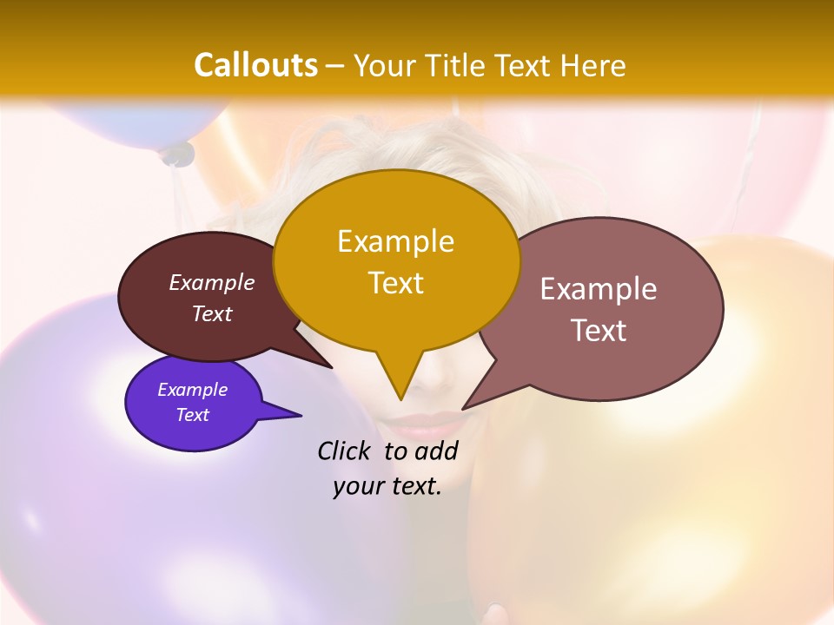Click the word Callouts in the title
point(255,65)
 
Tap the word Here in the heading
point(593,65)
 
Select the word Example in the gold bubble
point(395,241)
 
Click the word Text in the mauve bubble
point(599,331)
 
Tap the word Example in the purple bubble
point(192,390)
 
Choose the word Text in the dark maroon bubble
point(212,314)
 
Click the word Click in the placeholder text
point(345,451)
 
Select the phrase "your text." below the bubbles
point(387,486)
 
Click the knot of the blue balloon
point(177,155)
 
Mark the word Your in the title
point(382,65)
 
